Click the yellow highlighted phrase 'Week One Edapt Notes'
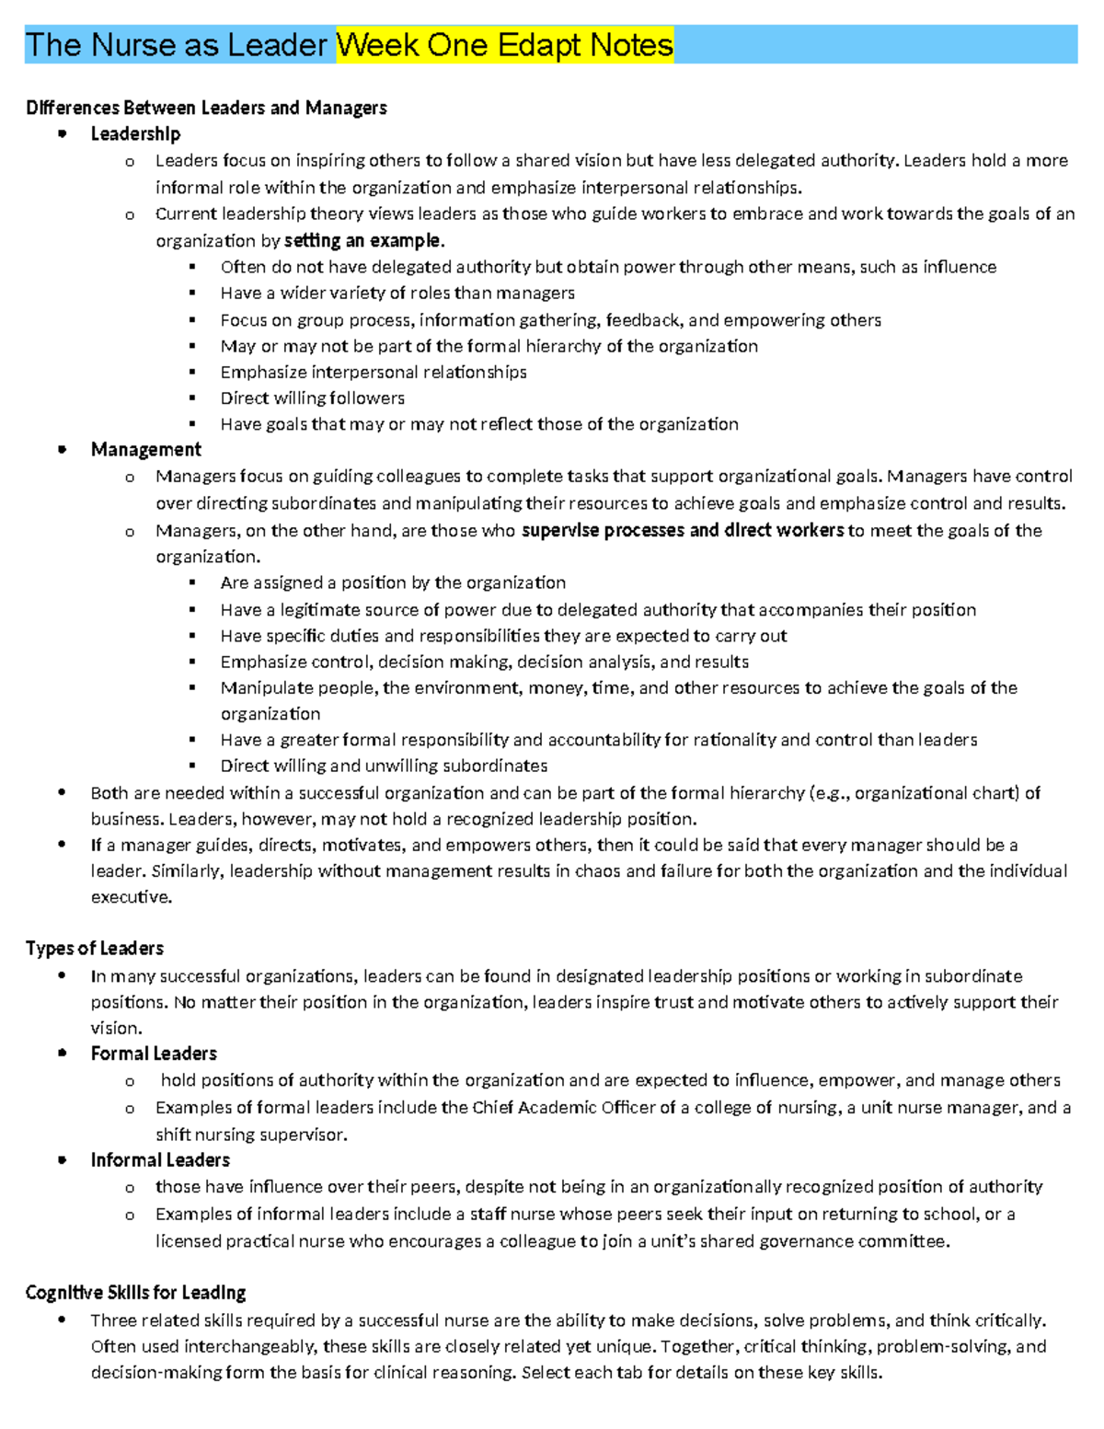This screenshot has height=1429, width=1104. click(x=504, y=45)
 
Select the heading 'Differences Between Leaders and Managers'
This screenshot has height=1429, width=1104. click(x=206, y=108)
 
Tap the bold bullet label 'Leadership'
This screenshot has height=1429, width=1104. click(x=135, y=134)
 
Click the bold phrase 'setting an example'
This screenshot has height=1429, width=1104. click(x=362, y=241)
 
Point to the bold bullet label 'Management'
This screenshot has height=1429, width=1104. click(x=145, y=450)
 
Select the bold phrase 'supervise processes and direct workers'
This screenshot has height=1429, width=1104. click(x=682, y=531)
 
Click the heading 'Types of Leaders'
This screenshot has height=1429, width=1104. click(x=95, y=949)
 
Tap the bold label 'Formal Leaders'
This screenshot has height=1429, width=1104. click(x=154, y=1054)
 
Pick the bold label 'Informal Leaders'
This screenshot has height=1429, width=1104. click(x=160, y=1160)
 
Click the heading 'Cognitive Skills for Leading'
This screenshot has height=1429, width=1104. click(x=135, y=1293)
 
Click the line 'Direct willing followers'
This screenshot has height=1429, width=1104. click(x=312, y=398)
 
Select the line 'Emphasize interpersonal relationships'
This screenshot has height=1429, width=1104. click(x=373, y=373)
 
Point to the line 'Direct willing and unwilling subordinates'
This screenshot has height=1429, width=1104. click(x=384, y=766)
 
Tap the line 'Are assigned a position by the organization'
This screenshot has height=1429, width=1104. click(x=393, y=583)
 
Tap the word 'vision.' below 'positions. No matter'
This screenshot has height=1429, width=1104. click(x=116, y=1029)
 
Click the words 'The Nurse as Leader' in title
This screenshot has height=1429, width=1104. click(x=176, y=45)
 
